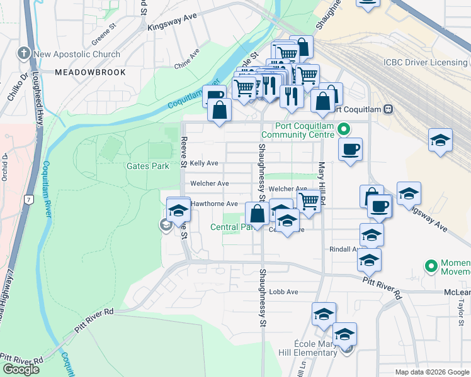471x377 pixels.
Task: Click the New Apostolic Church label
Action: [x=77, y=55]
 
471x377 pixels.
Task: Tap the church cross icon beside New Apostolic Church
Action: [x=25, y=54]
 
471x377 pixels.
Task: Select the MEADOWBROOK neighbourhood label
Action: [x=90, y=73]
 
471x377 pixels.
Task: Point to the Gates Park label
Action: [x=148, y=166]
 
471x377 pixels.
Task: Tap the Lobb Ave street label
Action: [x=283, y=292]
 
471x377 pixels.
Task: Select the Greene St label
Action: [x=105, y=32]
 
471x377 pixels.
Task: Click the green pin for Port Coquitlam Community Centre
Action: [x=343, y=130]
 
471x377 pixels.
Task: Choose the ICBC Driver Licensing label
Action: [x=425, y=62]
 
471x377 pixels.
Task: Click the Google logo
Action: [x=21, y=369]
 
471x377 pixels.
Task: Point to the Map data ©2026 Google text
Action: [x=432, y=372]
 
